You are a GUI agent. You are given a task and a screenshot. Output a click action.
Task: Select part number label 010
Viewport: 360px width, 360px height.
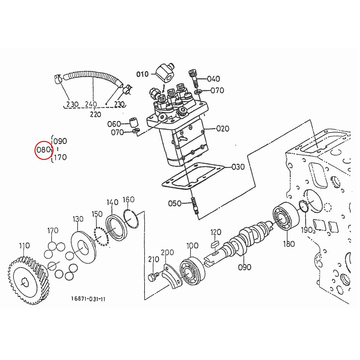coord(142,74)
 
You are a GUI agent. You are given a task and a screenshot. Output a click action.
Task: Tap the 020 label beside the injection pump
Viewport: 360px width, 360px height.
coord(223,129)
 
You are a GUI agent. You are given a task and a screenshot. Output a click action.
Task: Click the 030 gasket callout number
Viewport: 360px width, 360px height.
coord(238,167)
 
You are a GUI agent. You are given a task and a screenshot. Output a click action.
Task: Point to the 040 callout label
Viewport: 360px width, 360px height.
coord(214,79)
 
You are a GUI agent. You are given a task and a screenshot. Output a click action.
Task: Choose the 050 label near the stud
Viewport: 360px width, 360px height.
coord(175,203)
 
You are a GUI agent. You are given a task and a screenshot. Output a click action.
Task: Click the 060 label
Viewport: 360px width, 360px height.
coord(114,124)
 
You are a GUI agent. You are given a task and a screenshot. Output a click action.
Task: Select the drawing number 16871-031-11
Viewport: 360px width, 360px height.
coord(88,299)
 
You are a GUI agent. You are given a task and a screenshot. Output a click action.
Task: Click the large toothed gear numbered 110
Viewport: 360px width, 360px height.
coord(28,279)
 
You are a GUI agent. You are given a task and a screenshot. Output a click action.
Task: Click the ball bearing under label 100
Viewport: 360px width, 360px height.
coord(192,271)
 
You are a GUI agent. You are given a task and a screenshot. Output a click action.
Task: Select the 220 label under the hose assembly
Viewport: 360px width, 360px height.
coord(95,114)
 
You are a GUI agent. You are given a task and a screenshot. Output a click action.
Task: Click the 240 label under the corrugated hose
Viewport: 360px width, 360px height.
coord(91,104)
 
